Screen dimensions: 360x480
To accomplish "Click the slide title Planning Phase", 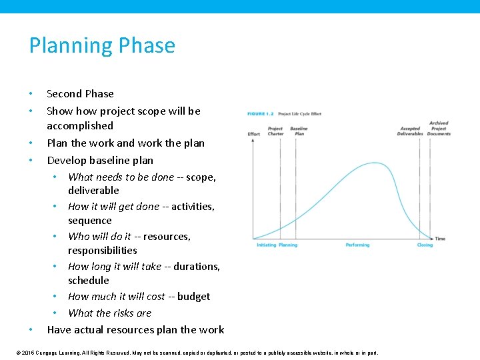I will click(102, 45).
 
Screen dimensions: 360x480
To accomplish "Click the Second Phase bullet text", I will click(80, 94).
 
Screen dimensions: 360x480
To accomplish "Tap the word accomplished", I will click(80, 126).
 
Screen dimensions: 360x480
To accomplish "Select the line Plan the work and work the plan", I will click(125, 143).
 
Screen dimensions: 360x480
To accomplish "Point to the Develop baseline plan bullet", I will click(100, 161).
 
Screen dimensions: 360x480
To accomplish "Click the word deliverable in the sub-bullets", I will click(93, 191).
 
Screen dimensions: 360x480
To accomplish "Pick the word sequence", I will click(89, 221).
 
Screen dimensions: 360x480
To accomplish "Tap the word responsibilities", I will click(102, 251).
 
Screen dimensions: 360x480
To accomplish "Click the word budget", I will click(193, 297).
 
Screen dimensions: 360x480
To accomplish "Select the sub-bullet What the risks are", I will click(109, 313).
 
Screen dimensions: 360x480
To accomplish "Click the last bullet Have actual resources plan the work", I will click(135, 330).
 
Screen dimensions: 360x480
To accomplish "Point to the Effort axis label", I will click(254, 134).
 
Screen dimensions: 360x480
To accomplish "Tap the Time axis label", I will click(440, 239).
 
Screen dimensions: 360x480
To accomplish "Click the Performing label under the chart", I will click(357, 245).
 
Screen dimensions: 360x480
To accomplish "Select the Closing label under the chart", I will click(425, 245).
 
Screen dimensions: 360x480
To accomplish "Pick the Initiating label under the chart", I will click(266, 245).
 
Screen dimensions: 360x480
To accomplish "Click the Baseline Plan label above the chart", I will click(299, 131).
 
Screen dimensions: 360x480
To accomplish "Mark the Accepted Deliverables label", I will click(410, 131).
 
